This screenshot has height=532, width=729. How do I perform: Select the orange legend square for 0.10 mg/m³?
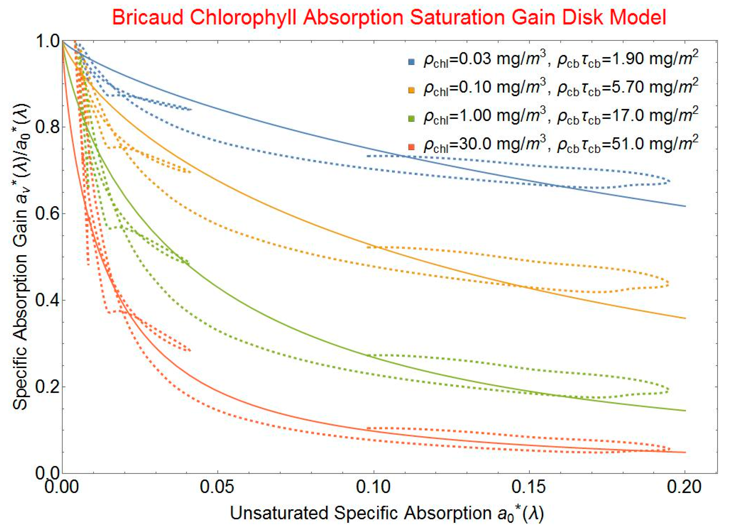pyautogui.click(x=411, y=90)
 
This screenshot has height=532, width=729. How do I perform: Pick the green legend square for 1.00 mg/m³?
pyautogui.click(x=411, y=119)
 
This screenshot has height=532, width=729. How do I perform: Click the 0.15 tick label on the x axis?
pyautogui.click(x=529, y=487)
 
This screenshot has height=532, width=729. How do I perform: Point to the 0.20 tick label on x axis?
pyautogui.click(x=685, y=487)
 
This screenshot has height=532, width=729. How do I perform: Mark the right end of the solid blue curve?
pyautogui.click(x=685, y=206)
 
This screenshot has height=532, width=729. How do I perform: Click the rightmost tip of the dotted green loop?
pyautogui.click(x=669, y=390)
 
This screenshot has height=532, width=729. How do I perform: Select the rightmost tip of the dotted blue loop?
pyautogui.click(x=670, y=182)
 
